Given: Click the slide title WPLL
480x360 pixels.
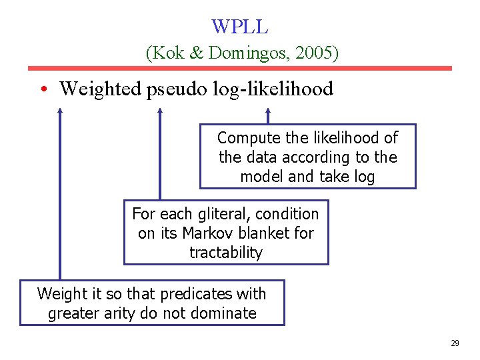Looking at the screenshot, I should click(x=240, y=27).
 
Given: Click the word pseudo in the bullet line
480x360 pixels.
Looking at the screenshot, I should click(x=175, y=89).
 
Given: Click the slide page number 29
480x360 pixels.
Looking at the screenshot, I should click(x=455, y=343).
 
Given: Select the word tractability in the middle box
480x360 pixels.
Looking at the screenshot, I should click(x=226, y=253).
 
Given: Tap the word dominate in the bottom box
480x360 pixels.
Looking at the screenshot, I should click(x=225, y=313).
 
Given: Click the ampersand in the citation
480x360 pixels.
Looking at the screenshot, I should click(x=197, y=53).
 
